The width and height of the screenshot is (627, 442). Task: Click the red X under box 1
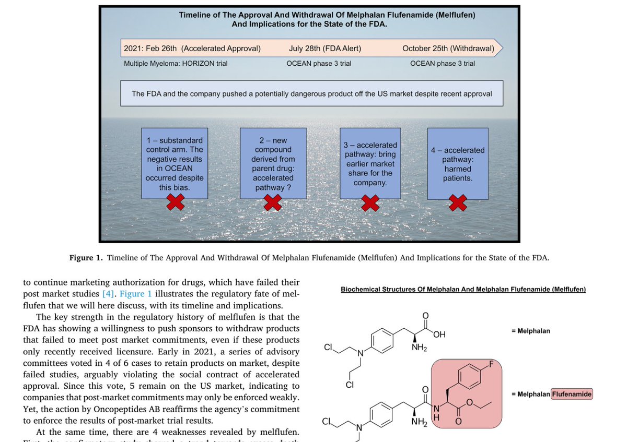(175, 202)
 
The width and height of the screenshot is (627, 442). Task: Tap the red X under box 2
(273, 202)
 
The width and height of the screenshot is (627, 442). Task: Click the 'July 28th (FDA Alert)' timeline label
(324, 49)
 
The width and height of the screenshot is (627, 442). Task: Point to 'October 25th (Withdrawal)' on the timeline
(448, 49)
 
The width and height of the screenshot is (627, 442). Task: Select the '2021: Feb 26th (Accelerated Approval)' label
(192, 49)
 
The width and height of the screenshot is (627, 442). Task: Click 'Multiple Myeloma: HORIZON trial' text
(176, 64)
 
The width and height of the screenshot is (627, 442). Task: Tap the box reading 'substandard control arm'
(175, 163)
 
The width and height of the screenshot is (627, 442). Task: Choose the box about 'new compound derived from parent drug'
(273, 163)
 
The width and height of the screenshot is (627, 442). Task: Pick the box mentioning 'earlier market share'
(370, 163)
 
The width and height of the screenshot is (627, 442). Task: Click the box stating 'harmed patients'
(458, 163)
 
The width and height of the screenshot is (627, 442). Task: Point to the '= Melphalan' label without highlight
(530, 331)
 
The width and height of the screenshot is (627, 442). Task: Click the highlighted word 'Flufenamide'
(572, 394)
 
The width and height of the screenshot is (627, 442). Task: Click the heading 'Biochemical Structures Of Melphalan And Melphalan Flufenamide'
(463, 289)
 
